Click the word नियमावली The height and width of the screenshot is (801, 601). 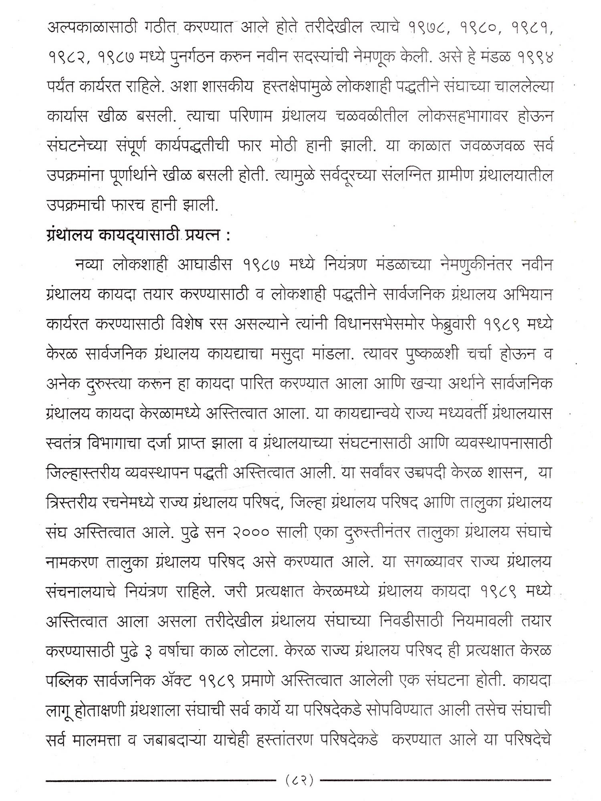coord(484,621)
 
